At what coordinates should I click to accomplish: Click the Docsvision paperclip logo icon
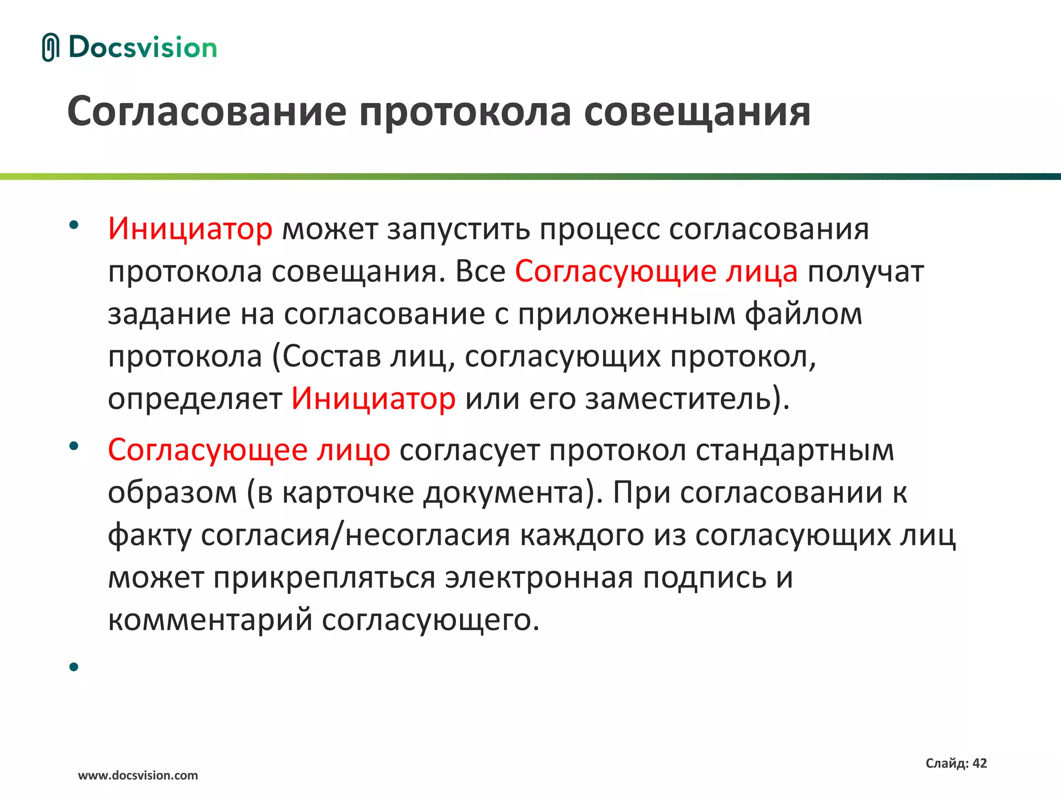pos(51,47)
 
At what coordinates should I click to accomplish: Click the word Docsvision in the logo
pos(142,47)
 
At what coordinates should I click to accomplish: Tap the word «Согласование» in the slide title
pos(207,111)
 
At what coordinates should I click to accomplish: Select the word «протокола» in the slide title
pos(465,111)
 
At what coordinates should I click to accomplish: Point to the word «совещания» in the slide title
pos(697,111)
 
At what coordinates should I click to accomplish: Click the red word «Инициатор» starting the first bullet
pos(190,229)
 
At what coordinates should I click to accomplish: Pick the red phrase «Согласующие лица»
pos(656,271)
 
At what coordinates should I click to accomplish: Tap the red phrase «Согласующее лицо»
pos(249,449)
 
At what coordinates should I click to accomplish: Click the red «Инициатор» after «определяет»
pos(373,399)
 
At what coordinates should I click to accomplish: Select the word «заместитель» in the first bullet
pos(679,399)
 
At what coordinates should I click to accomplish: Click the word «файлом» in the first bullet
pos(804,314)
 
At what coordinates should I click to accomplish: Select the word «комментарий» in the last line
pos(210,619)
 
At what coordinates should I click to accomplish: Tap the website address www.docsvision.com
pos(138,775)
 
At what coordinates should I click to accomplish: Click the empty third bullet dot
pos(74,666)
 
